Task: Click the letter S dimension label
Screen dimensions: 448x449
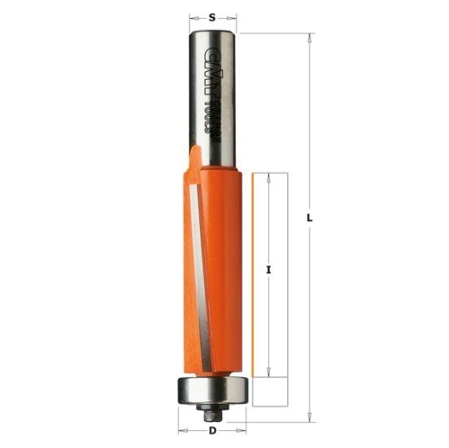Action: (213, 15)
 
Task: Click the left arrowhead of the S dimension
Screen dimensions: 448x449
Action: (193, 15)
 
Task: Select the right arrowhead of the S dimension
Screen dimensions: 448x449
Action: (235, 15)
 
